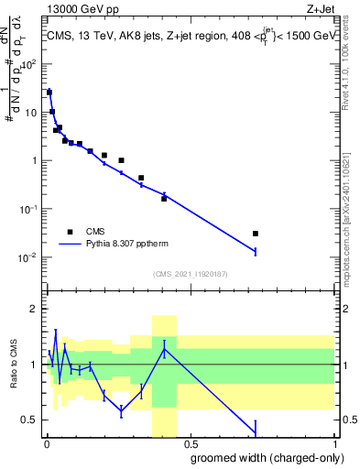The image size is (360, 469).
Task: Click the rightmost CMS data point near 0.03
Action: (256, 234)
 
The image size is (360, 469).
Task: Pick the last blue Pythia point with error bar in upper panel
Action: (256, 251)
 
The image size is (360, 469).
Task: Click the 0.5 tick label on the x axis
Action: (191, 444)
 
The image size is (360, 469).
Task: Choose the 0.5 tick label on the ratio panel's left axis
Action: (33, 420)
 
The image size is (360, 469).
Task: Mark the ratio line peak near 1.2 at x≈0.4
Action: (164, 347)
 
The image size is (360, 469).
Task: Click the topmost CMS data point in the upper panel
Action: (49, 93)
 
